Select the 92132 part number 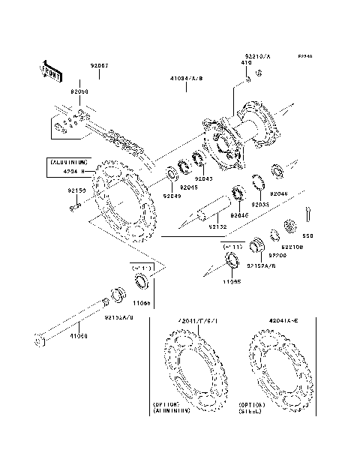click(x=217, y=225)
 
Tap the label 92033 click(x=260, y=204)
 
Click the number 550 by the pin click(x=308, y=235)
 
